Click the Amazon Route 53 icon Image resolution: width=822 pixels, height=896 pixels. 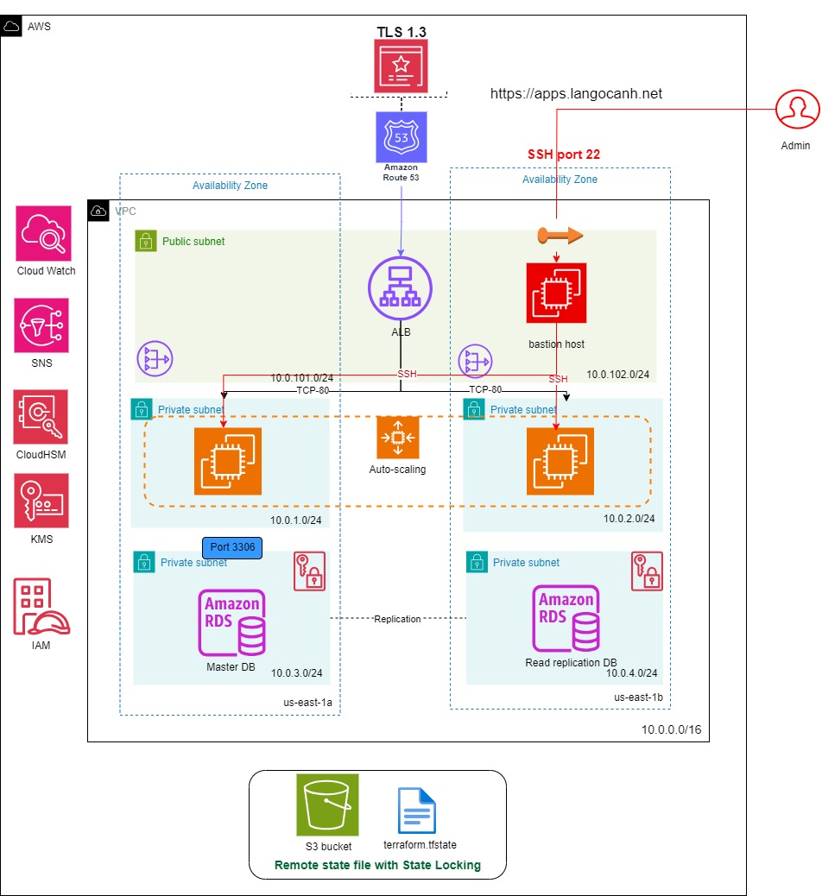(x=401, y=136)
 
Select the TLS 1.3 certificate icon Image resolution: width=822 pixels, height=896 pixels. (x=401, y=66)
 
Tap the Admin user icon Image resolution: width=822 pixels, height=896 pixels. (x=796, y=110)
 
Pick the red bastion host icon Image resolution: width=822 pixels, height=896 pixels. (x=556, y=293)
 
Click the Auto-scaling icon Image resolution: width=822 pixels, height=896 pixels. (x=398, y=438)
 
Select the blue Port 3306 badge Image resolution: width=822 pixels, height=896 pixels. (x=232, y=546)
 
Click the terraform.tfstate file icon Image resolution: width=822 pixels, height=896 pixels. (x=417, y=811)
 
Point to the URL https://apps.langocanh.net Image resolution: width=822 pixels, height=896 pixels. (x=576, y=94)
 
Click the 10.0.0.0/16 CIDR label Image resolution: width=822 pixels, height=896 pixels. (x=671, y=729)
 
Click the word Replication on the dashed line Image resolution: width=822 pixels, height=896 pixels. (x=398, y=619)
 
